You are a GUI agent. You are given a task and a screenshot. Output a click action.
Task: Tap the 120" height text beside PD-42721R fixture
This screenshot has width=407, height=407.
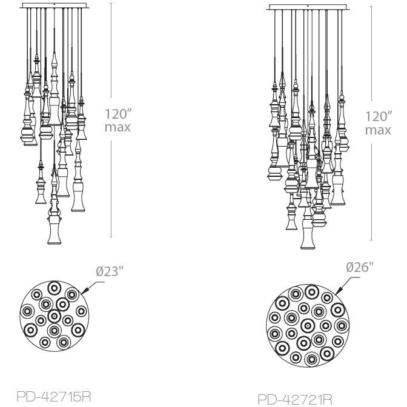[x=377, y=116]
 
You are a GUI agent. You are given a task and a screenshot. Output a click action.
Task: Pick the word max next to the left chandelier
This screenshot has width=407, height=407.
[x=117, y=127]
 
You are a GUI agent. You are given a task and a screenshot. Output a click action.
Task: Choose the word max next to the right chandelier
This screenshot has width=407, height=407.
[x=377, y=130]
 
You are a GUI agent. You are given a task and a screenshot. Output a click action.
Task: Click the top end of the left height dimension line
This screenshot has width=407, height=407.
[x=111, y=3]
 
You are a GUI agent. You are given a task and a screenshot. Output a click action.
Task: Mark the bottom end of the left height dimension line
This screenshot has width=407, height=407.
[x=111, y=237]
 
